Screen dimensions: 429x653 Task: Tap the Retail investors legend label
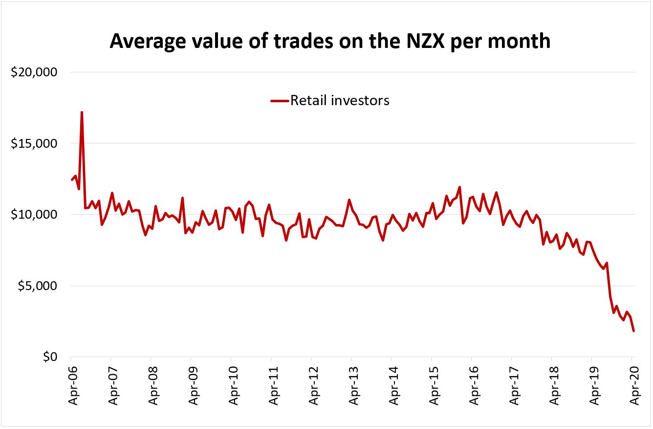point(340,100)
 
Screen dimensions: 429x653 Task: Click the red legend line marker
point(279,101)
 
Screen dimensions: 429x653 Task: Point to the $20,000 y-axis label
point(34,72)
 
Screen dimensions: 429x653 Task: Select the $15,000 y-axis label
point(34,144)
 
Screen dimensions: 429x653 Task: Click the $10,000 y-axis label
point(34,215)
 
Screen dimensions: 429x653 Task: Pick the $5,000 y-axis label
point(38,286)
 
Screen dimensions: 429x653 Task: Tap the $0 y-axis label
point(48,357)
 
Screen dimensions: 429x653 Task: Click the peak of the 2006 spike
point(82,113)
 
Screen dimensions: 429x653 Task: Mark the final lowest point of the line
point(633,331)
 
